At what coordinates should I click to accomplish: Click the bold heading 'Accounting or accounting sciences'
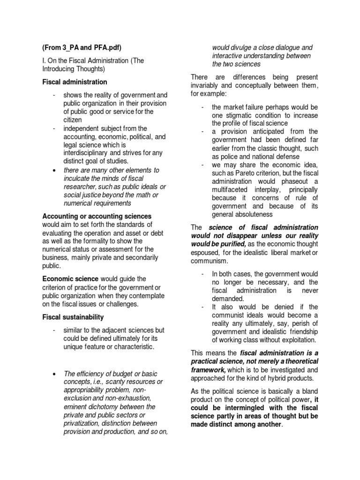tap(97, 216)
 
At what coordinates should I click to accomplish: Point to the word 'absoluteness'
tap(252, 215)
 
